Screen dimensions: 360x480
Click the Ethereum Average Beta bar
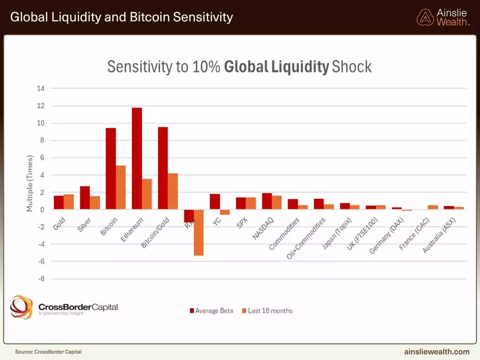click(137, 158)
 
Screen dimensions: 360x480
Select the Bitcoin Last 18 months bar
click(120, 188)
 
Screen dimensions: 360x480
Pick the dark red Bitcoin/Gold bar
click(163, 168)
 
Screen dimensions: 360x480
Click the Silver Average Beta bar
click(84, 198)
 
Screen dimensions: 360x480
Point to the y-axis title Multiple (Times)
click(30, 183)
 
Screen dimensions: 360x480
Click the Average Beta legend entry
click(211, 311)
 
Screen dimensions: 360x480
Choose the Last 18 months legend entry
click(266, 311)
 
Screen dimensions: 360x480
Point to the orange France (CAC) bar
click(433, 207)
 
